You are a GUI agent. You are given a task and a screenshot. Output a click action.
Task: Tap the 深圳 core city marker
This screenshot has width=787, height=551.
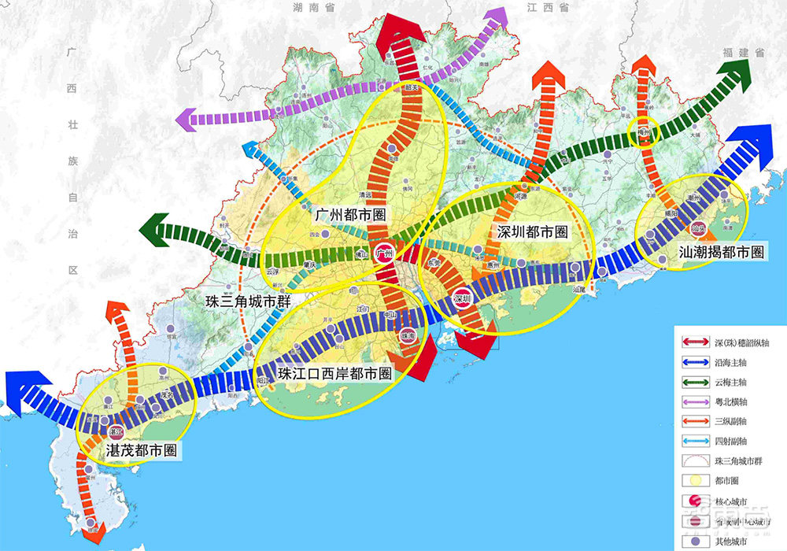click(462, 298)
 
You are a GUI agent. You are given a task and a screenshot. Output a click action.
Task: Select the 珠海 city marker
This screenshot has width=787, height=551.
click(406, 335)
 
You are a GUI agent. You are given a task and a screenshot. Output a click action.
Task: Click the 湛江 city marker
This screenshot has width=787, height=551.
click(116, 431)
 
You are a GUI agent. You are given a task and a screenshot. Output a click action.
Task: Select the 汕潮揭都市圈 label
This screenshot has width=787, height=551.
click(722, 253)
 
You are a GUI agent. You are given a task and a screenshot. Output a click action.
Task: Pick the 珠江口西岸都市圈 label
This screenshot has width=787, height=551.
click(334, 374)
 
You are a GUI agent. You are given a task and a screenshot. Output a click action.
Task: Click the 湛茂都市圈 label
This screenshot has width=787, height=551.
click(142, 451)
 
